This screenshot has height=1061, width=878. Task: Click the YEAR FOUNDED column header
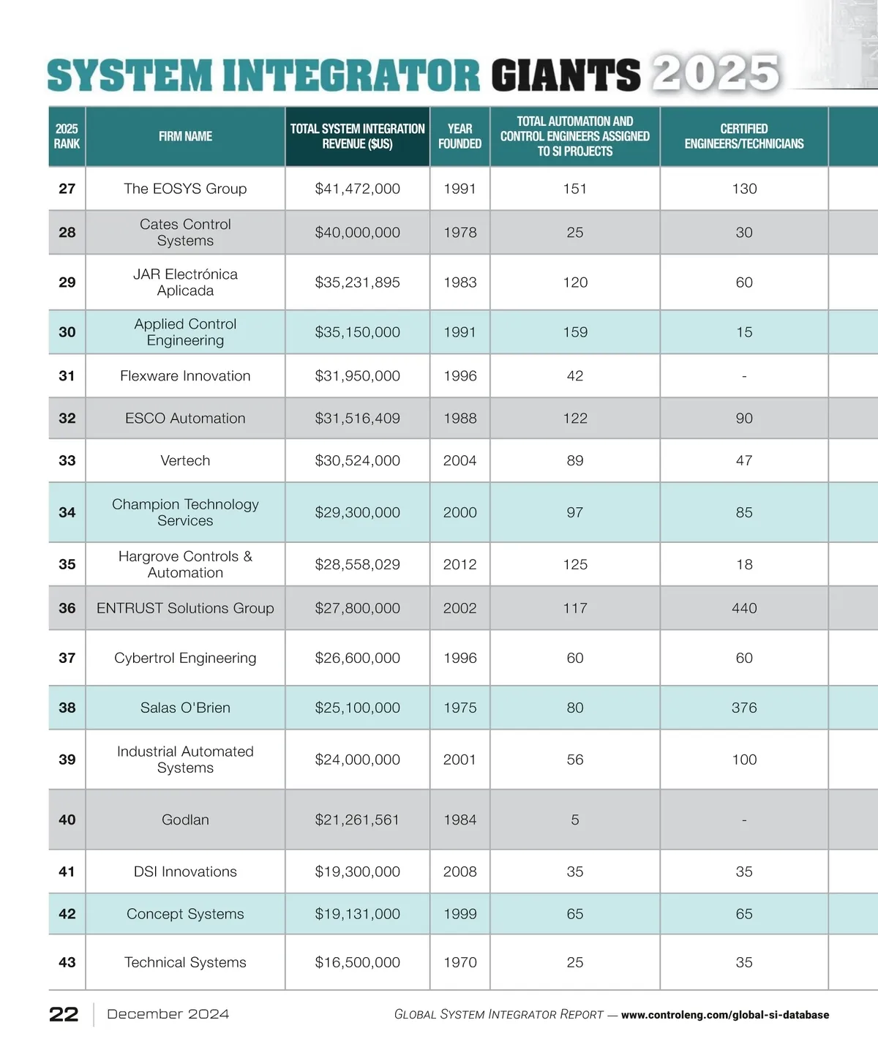click(459, 136)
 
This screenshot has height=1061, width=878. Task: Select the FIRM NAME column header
click(185, 136)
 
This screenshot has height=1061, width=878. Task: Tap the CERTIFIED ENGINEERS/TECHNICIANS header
click(743, 136)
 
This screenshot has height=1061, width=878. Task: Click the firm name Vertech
click(185, 460)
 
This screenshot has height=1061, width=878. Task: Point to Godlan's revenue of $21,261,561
click(357, 820)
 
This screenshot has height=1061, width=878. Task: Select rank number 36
click(67, 608)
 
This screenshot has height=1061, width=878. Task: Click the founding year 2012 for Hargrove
click(459, 564)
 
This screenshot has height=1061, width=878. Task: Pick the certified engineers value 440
click(744, 608)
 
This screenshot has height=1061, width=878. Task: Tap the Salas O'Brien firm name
click(185, 708)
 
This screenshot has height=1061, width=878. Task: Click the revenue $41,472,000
click(357, 189)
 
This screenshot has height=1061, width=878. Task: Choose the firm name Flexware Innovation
click(185, 375)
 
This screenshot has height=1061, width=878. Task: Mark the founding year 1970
click(459, 962)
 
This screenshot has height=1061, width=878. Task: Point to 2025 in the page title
click(716, 74)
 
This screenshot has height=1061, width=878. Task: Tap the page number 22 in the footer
click(64, 1014)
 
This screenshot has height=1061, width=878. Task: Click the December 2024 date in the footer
click(168, 1014)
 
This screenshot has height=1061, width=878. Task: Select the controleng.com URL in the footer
click(724, 1015)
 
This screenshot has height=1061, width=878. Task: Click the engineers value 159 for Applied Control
click(575, 332)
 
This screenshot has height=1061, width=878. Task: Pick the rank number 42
click(67, 914)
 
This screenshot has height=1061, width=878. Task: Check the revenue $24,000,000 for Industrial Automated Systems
click(357, 760)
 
